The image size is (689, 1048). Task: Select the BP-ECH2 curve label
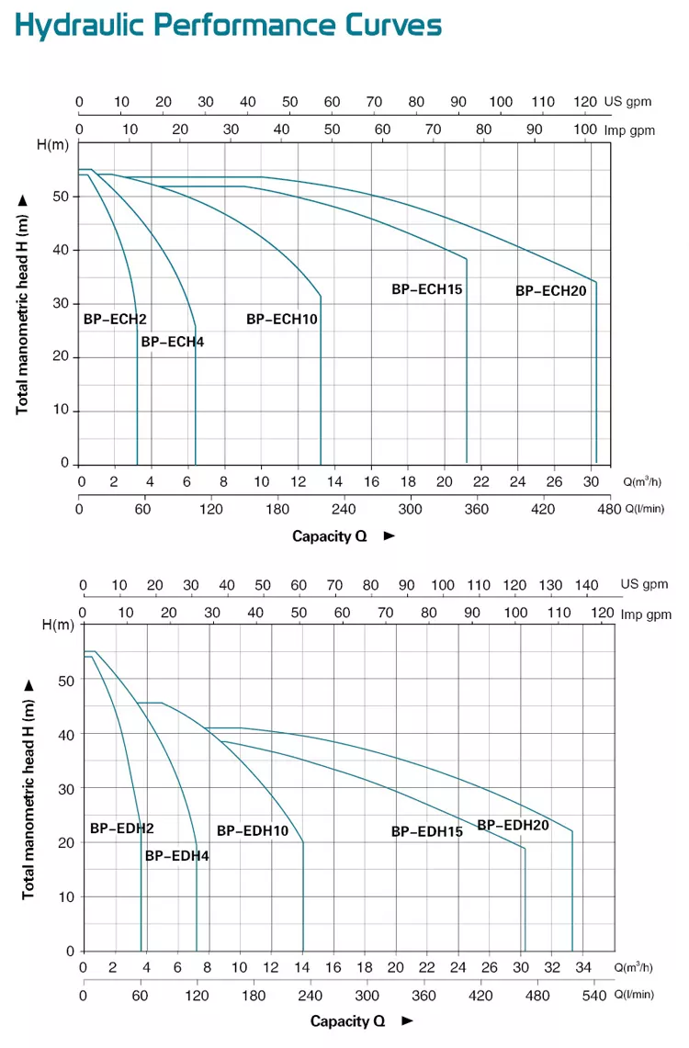(115, 320)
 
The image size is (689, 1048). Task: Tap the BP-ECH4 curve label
(172, 342)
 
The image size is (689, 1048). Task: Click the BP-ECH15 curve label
(426, 289)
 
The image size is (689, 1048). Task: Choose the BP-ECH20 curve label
(550, 290)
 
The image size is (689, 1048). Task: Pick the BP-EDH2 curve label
(121, 828)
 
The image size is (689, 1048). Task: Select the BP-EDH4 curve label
(176, 856)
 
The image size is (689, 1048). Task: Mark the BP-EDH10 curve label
(253, 830)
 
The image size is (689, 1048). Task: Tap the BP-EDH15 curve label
(426, 832)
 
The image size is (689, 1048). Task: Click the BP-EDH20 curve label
(513, 825)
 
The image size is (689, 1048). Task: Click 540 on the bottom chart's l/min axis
(596, 996)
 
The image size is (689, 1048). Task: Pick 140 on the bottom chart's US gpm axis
(586, 585)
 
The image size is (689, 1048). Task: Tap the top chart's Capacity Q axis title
(329, 536)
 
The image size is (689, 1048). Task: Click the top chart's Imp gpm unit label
(629, 130)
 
